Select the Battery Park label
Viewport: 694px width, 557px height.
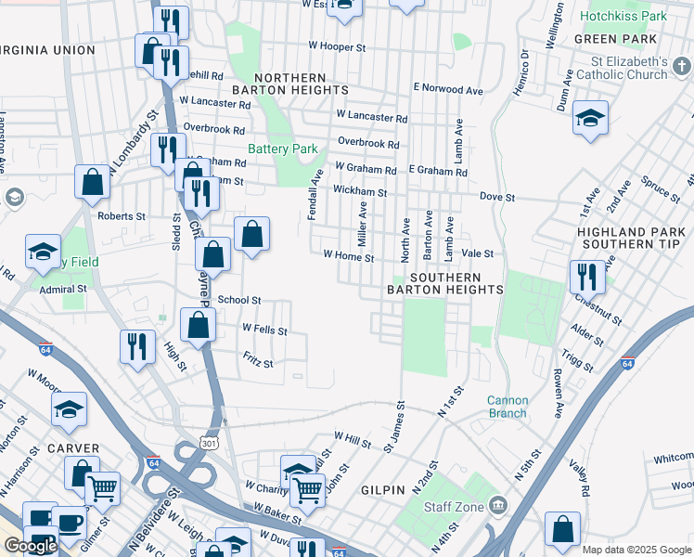coord(282,149)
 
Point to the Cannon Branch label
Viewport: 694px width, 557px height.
coord(508,408)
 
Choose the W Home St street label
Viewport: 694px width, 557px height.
coord(348,255)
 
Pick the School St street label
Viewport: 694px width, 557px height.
coord(239,301)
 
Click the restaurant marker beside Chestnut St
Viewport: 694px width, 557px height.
coord(586,277)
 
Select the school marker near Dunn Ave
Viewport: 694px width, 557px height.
coord(590,118)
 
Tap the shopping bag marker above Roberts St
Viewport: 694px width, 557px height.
coord(93,183)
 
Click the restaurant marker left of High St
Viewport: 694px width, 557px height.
coord(137,347)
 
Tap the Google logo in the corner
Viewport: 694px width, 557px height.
coord(31,546)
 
